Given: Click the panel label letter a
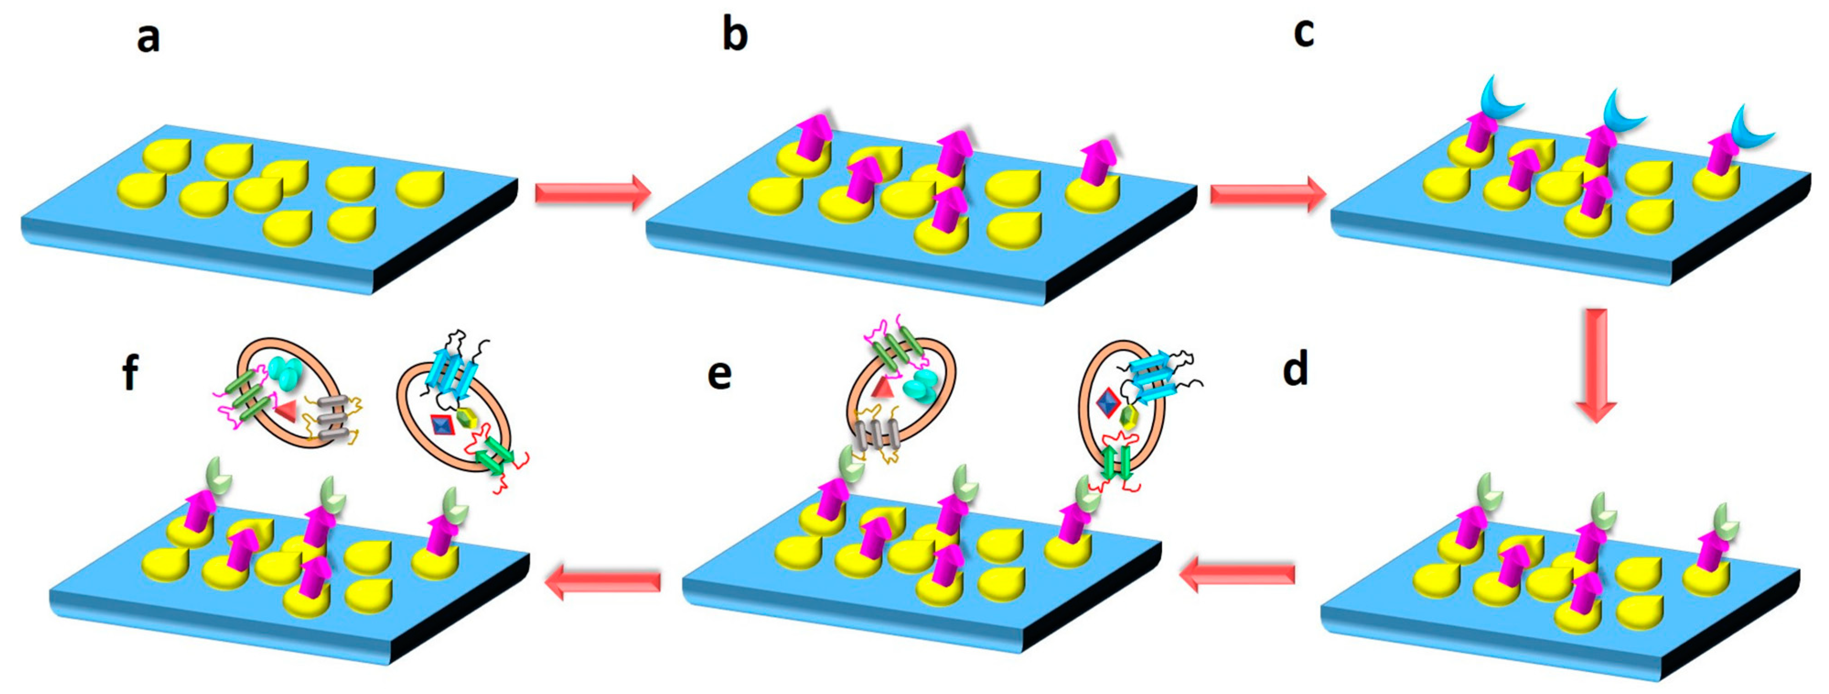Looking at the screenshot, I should pos(148,37).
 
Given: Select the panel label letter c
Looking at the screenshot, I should pos(1303,33).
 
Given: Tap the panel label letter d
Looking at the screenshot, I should pos(1295,369).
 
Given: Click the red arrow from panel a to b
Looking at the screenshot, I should pos(593,192).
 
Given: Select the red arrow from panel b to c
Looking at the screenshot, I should pos(1267,193).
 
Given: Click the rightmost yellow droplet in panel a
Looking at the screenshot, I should pos(420,187).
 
